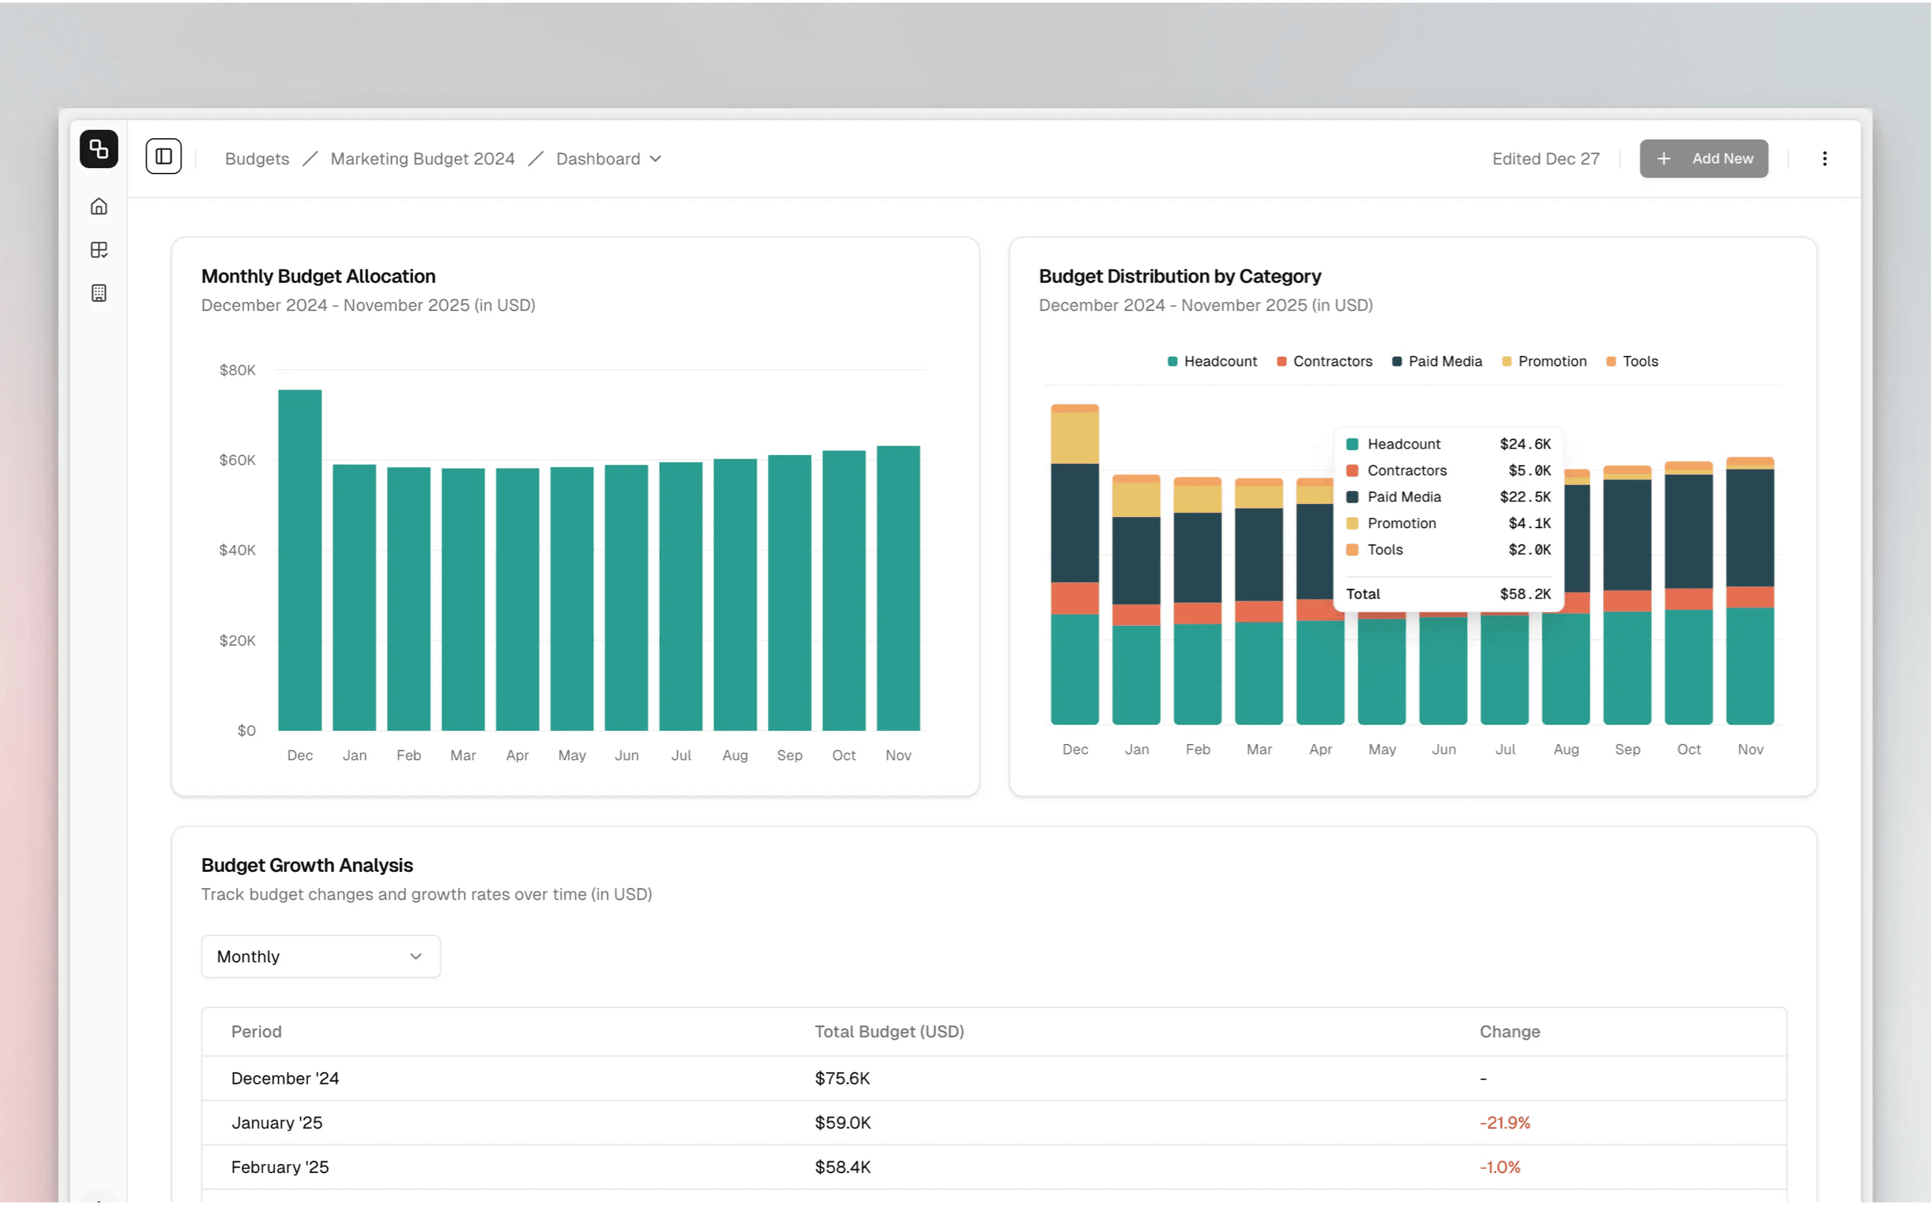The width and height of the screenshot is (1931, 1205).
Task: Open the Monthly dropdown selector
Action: (x=320, y=957)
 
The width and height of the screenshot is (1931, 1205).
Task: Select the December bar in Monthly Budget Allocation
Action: (x=300, y=559)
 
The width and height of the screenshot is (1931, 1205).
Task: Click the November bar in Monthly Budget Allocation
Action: (x=898, y=588)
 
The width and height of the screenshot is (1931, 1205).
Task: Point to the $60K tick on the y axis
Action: (x=237, y=460)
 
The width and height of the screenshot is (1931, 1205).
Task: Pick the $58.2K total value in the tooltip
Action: (x=1525, y=594)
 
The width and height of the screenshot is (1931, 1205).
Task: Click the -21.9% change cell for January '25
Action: (x=1504, y=1122)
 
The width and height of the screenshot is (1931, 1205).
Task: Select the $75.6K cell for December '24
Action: (x=842, y=1079)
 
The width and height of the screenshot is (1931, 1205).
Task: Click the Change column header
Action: (x=1509, y=1032)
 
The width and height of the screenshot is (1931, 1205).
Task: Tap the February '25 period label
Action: (x=280, y=1167)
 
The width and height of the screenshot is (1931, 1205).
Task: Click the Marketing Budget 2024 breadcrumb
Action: (x=423, y=158)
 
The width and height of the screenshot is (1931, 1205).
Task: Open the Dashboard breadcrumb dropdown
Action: (x=608, y=158)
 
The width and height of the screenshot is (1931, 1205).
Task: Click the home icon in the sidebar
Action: (x=99, y=207)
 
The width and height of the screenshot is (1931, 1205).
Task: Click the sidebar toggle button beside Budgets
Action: (x=164, y=156)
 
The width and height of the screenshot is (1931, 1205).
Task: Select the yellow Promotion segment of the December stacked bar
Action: (x=1074, y=438)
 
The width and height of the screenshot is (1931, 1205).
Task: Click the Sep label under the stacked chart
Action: (x=1627, y=749)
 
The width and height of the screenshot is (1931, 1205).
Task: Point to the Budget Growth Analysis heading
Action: (x=307, y=865)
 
